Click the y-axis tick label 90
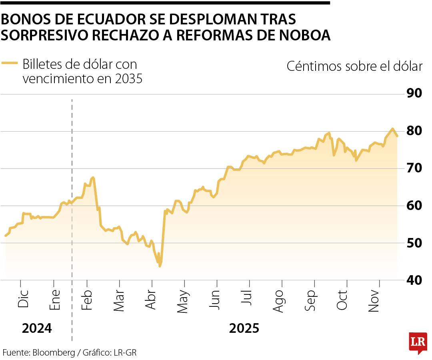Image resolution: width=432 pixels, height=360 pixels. click(414, 94)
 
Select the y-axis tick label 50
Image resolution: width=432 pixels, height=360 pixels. click(414, 243)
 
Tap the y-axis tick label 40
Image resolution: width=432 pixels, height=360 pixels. click(414, 280)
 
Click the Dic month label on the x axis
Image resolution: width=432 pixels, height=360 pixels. click(23, 298)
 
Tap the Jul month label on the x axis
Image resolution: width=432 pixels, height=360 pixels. click(248, 298)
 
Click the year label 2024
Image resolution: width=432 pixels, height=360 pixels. click(37, 328)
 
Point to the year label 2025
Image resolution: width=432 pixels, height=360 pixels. click(244, 328)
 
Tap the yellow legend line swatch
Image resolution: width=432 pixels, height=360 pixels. click(10, 63)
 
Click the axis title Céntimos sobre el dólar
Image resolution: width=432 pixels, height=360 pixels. click(354, 66)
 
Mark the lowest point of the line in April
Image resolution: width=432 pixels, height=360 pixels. click(160, 266)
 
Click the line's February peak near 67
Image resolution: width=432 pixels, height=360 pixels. click(93, 177)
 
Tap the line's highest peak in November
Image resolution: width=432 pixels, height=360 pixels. click(392, 128)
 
